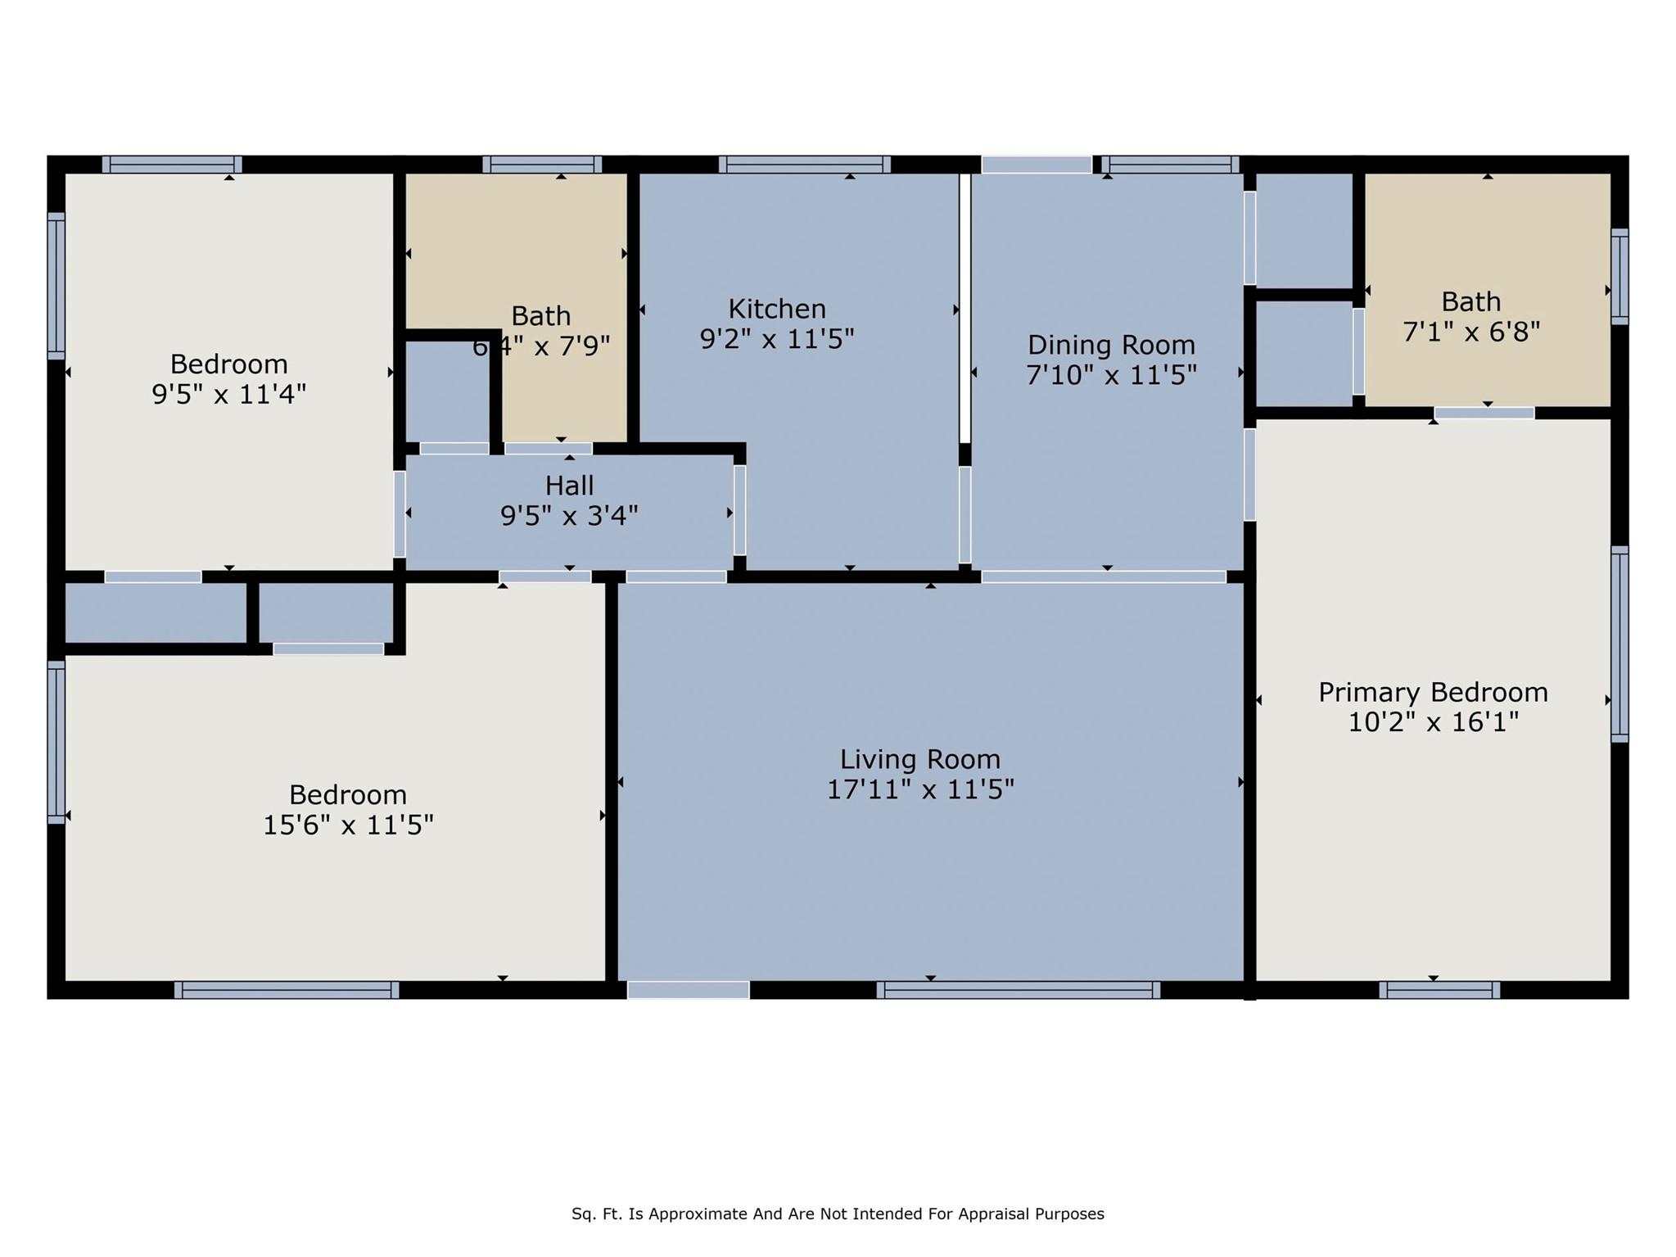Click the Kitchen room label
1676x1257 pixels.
coord(777,309)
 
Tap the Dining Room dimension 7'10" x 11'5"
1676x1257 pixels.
coord(1111,375)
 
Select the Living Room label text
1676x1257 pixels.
coord(919,759)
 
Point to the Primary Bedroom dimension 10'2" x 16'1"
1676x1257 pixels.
coord(1433,722)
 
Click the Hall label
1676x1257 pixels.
coord(569,486)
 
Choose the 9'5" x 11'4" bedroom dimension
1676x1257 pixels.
coord(228,395)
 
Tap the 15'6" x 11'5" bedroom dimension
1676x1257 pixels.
coord(347,825)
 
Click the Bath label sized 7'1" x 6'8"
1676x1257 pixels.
coord(1470,302)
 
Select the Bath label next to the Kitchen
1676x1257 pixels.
coord(540,316)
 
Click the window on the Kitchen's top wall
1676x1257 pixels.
coord(804,165)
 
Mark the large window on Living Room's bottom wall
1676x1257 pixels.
coord(1018,990)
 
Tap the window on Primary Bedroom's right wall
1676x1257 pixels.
coord(1619,644)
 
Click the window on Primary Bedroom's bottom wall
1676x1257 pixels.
coord(1439,990)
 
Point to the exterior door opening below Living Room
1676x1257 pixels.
coord(688,990)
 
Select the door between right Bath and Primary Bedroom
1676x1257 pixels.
coord(1484,413)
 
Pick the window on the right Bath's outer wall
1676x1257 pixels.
coord(1619,277)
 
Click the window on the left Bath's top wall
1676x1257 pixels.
coord(541,165)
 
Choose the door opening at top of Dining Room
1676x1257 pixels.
coord(1036,165)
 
